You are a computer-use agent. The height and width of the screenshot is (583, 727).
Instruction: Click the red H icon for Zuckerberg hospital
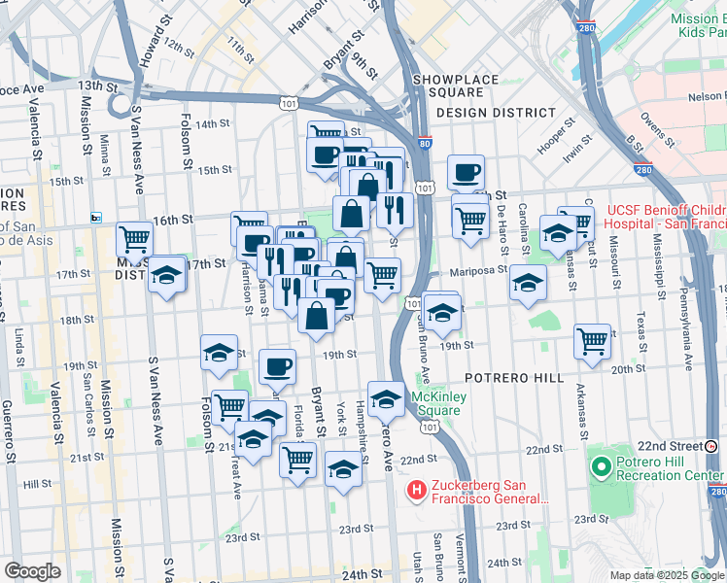coord(417,491)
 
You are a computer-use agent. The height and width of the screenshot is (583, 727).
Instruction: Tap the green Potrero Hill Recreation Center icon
coord(601,468)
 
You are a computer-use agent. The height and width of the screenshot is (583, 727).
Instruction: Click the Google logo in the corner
coord(32,571)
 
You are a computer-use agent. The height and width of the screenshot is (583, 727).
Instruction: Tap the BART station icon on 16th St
coord(95,218)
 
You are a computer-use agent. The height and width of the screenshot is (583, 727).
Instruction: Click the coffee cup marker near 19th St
coord(278,367)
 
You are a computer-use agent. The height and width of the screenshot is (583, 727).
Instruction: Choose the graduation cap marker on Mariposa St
coord(528,283)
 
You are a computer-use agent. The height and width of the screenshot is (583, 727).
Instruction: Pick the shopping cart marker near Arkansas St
coord(592,342)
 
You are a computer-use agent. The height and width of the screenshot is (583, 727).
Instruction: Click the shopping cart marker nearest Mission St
coord(134,239)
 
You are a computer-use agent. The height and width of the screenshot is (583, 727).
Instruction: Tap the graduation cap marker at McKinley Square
coord(386,399)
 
